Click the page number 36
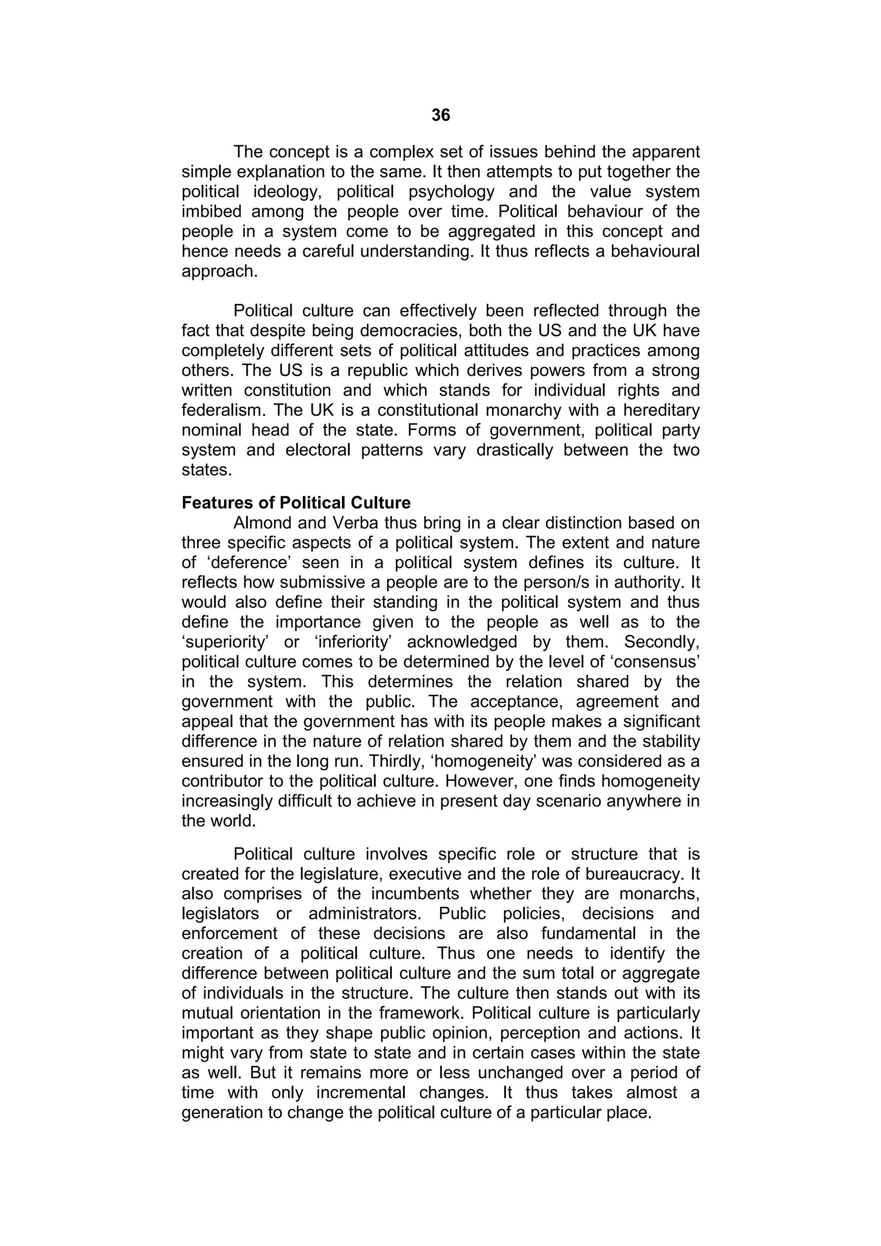[440, 115]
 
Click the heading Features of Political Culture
[296, 503]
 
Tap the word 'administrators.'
[365, 914]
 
